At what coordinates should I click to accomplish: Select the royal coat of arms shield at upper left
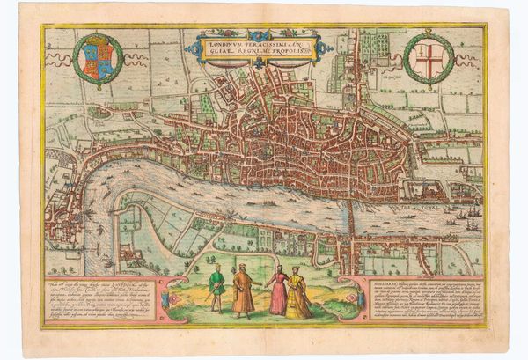tap(98, 58)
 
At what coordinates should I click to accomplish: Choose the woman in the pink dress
tap(278, 292)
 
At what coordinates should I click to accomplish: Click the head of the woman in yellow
tap(295, 271)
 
